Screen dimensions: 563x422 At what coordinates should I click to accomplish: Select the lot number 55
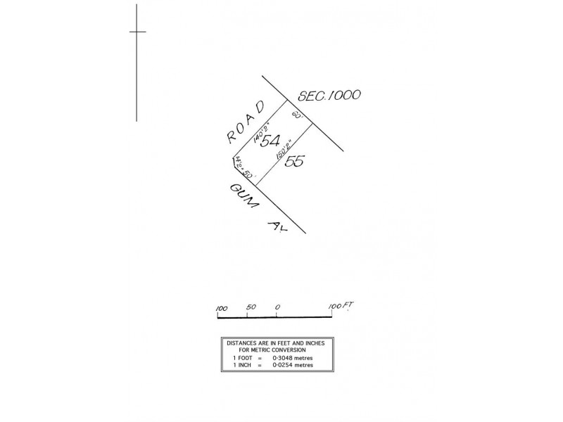tap(294, 161)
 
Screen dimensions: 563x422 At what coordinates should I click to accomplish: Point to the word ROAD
tap(246, 122)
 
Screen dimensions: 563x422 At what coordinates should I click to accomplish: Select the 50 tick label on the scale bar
tap(251, 308)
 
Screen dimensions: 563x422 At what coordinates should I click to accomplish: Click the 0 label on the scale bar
tap(278, 308)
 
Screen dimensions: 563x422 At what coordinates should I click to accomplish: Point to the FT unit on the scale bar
tap(346, 306)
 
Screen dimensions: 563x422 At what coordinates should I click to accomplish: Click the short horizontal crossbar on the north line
tap(137, 32)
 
